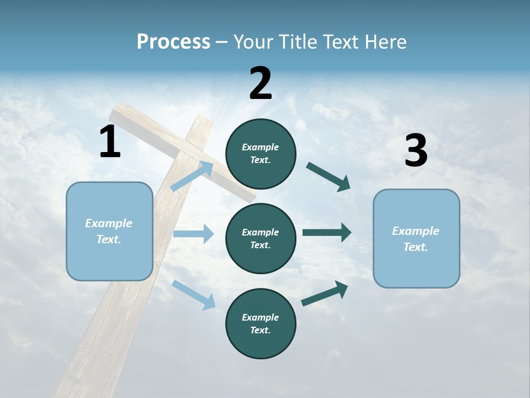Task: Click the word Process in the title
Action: tap(173, 42)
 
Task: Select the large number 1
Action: tap(110, 142)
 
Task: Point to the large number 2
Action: tap(261, 83)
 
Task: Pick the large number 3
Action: tap(416, 151)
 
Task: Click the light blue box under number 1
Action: tap(109, 231)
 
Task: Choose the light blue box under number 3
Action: tap(416, 239)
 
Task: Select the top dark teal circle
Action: tap(261, 154)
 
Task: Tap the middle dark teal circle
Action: tap(261, 239)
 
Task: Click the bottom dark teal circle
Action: tap(261, 324)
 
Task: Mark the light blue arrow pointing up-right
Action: tap(192, 176)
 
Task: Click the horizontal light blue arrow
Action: tap(193, 234)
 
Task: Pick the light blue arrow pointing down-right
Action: tap(193, 294)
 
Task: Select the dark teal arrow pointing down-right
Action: tap(328, 177)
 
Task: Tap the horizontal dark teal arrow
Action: tap(327, 233)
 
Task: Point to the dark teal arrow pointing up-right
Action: tap(325, 293)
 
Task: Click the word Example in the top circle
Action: tap(261, 148)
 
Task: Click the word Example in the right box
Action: tap(416, 231)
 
